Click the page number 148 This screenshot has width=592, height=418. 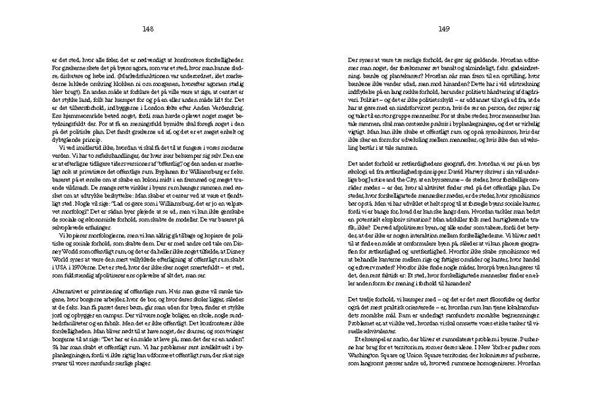coord(147,28)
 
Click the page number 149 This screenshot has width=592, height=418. coord(443,28)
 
